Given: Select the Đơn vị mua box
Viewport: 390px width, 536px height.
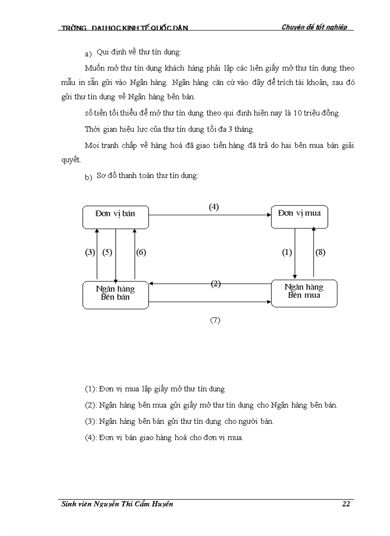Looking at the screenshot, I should click(300, 217).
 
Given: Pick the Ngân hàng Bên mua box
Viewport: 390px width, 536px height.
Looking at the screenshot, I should click(304, 293).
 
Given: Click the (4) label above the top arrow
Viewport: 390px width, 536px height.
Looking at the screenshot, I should click(214, 207).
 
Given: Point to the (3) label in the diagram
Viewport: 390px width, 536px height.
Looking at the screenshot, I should click(90, 252).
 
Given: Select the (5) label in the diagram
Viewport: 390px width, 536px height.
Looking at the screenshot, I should click(107, 252).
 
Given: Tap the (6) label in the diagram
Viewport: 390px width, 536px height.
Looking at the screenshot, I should click(141, 252).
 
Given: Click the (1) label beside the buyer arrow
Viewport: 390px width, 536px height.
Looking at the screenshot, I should click(286, 252).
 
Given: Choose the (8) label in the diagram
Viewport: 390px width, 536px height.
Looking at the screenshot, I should click(320, 252).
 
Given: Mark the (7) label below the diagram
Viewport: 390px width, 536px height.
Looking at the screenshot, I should click(215, 320).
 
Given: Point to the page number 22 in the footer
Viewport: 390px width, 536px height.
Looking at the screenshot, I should click(346, 504).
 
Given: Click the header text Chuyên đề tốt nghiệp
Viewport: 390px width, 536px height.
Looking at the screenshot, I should click(314, 27).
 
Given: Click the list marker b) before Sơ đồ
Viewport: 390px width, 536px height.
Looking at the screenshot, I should click(88, 178).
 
